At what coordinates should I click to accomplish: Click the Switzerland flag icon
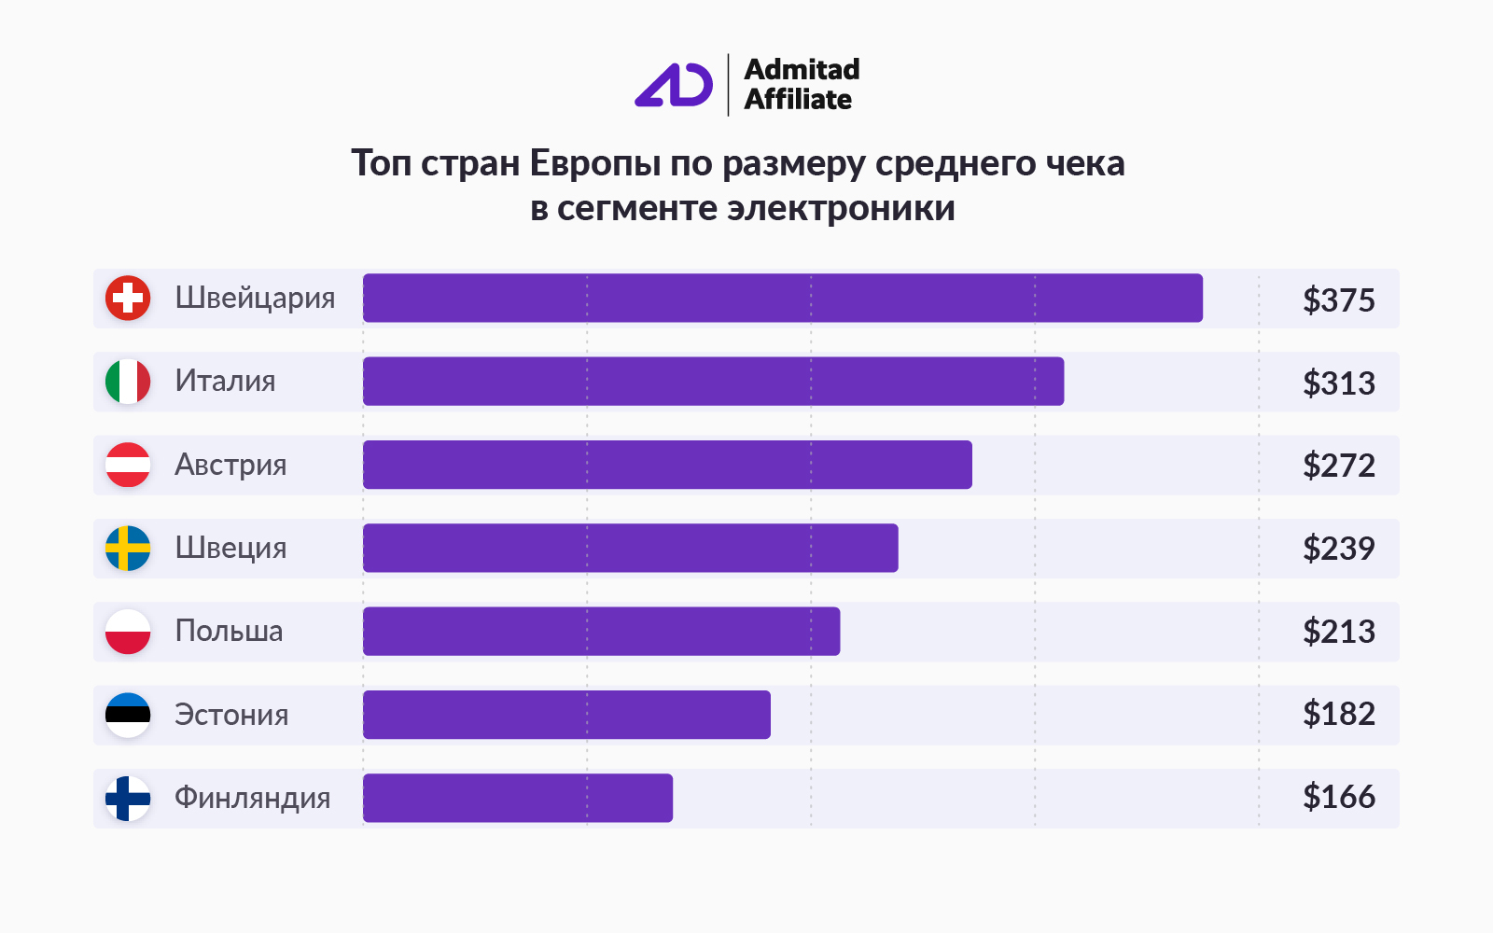tap(128, 299)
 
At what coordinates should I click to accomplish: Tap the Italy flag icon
tap(128, 382)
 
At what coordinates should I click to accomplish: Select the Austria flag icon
tap(128, 465)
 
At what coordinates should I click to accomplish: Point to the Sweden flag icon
tap(128, 549)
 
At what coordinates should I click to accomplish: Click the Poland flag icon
tap(128, 632)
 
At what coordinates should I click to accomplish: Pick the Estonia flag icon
tap(128, 715)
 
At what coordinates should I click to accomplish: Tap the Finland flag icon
tap(128, 799)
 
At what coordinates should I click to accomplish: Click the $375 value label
tap(1339, 300)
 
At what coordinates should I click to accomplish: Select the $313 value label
tap(1339, 383)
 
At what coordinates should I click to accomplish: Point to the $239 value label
tap(1339, 549)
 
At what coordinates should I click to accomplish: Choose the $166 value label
tap(1339, 798)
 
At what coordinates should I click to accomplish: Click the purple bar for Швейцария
tap(782, 299)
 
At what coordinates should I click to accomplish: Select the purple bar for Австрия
tap(667, 465)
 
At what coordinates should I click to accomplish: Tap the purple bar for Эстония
tap(566, 715)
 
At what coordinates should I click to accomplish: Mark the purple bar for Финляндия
tap(518, 799)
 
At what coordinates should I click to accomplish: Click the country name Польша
tap(229, 632)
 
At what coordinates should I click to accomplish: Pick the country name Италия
tap(225, 382)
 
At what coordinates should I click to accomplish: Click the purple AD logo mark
tap(674, 85)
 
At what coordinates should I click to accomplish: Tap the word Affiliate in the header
tap(798, 100)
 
